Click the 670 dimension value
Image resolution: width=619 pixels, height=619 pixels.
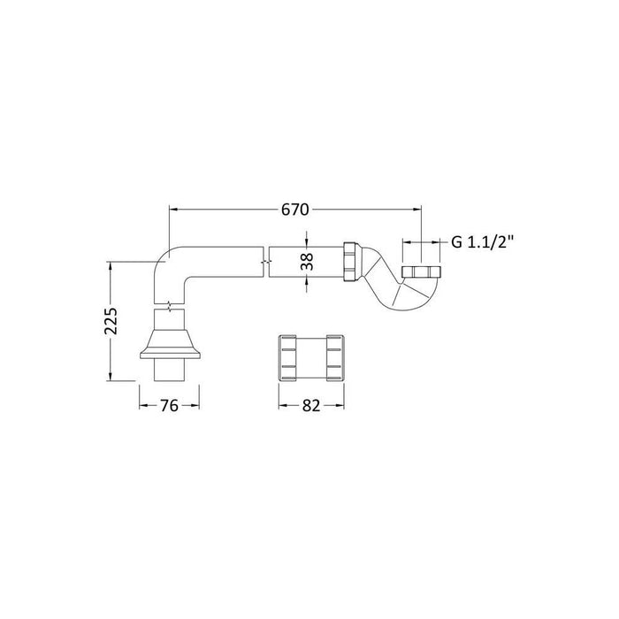click(x=294, y=210)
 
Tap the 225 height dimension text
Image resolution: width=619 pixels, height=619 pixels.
click(x=111, y=324)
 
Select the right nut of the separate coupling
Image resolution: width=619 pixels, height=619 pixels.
click(x=333, y=355)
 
